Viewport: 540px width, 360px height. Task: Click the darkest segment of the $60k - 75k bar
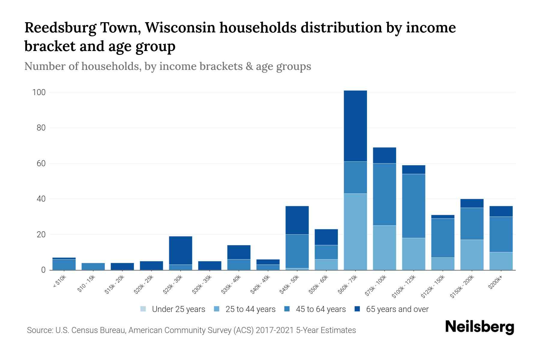(355, 126)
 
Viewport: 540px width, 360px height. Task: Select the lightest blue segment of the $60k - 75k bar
(355, 232)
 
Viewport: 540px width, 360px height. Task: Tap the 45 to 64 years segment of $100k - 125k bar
(414, 206)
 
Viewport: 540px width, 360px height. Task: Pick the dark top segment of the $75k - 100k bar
(384, 155)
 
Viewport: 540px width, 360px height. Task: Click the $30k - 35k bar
(210, 265)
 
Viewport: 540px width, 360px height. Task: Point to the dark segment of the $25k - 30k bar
(181, 250)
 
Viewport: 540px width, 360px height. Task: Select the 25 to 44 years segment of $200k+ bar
(501, 261)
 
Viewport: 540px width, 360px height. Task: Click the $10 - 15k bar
(93, 266)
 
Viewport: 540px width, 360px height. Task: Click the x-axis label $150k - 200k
(463, 286)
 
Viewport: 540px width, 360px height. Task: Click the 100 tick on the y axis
(39, 92)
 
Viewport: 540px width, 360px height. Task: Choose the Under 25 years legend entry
(178, 309)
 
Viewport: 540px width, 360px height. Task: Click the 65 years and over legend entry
(397, 309)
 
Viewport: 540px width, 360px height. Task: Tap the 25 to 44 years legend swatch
(217, 309)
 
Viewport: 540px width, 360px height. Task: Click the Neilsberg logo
(479, 327)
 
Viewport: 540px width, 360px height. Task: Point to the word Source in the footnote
(39, 330)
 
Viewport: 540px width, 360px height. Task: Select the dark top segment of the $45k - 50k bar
(297, 220)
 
